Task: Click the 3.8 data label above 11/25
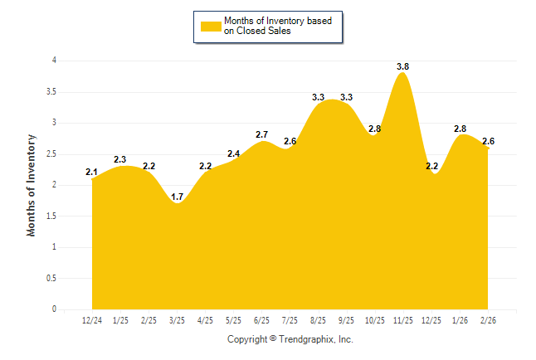[403, 66]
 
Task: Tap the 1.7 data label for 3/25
[178, 197]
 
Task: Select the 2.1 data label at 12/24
[92, 172]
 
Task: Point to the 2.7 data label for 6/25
[261, 134]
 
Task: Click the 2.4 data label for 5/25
[233, 153]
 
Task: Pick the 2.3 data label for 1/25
[120, 159]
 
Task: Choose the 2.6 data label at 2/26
[488, 141]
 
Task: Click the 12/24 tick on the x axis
[92, 320]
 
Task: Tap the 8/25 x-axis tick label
[319, 320]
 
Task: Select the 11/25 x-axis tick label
[403, 320]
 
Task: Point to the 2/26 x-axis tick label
[488, 320]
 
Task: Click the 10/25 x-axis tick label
[375, 320]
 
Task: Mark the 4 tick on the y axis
[54, 61]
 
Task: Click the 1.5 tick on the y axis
[51, 216]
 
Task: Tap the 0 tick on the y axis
[54, 309]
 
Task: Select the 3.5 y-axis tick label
[51, 91]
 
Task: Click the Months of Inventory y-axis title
[32, 184]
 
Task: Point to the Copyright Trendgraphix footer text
[290, 340]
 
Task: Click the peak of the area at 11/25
[403, 73]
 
